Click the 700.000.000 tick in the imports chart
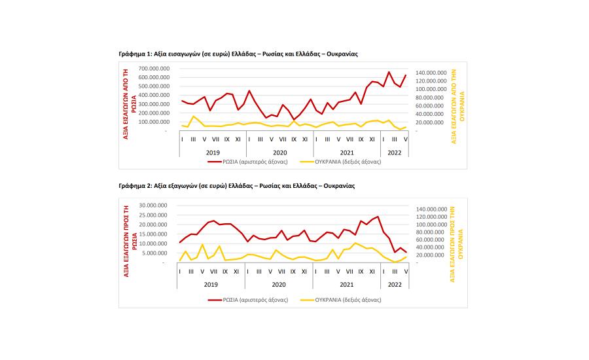154,68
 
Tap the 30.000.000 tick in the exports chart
153,205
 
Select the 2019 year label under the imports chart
213,153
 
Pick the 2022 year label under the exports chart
395,285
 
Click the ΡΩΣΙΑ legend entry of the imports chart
248,162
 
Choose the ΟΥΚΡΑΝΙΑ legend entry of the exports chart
341,300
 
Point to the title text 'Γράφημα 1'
135,54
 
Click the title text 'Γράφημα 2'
135,186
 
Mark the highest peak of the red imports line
389,72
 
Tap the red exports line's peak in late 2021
378,217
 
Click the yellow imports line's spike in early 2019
194,116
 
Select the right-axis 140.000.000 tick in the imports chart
431,73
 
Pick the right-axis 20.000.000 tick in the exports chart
433,255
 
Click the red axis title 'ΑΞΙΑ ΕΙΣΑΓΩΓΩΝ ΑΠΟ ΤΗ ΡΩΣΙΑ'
130,104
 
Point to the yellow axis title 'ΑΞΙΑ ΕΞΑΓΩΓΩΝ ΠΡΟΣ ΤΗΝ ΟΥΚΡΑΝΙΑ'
456,244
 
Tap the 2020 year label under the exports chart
279,285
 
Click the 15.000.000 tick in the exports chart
153,234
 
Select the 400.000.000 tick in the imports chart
154,95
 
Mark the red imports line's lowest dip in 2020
294,120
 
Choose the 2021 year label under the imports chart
347,153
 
